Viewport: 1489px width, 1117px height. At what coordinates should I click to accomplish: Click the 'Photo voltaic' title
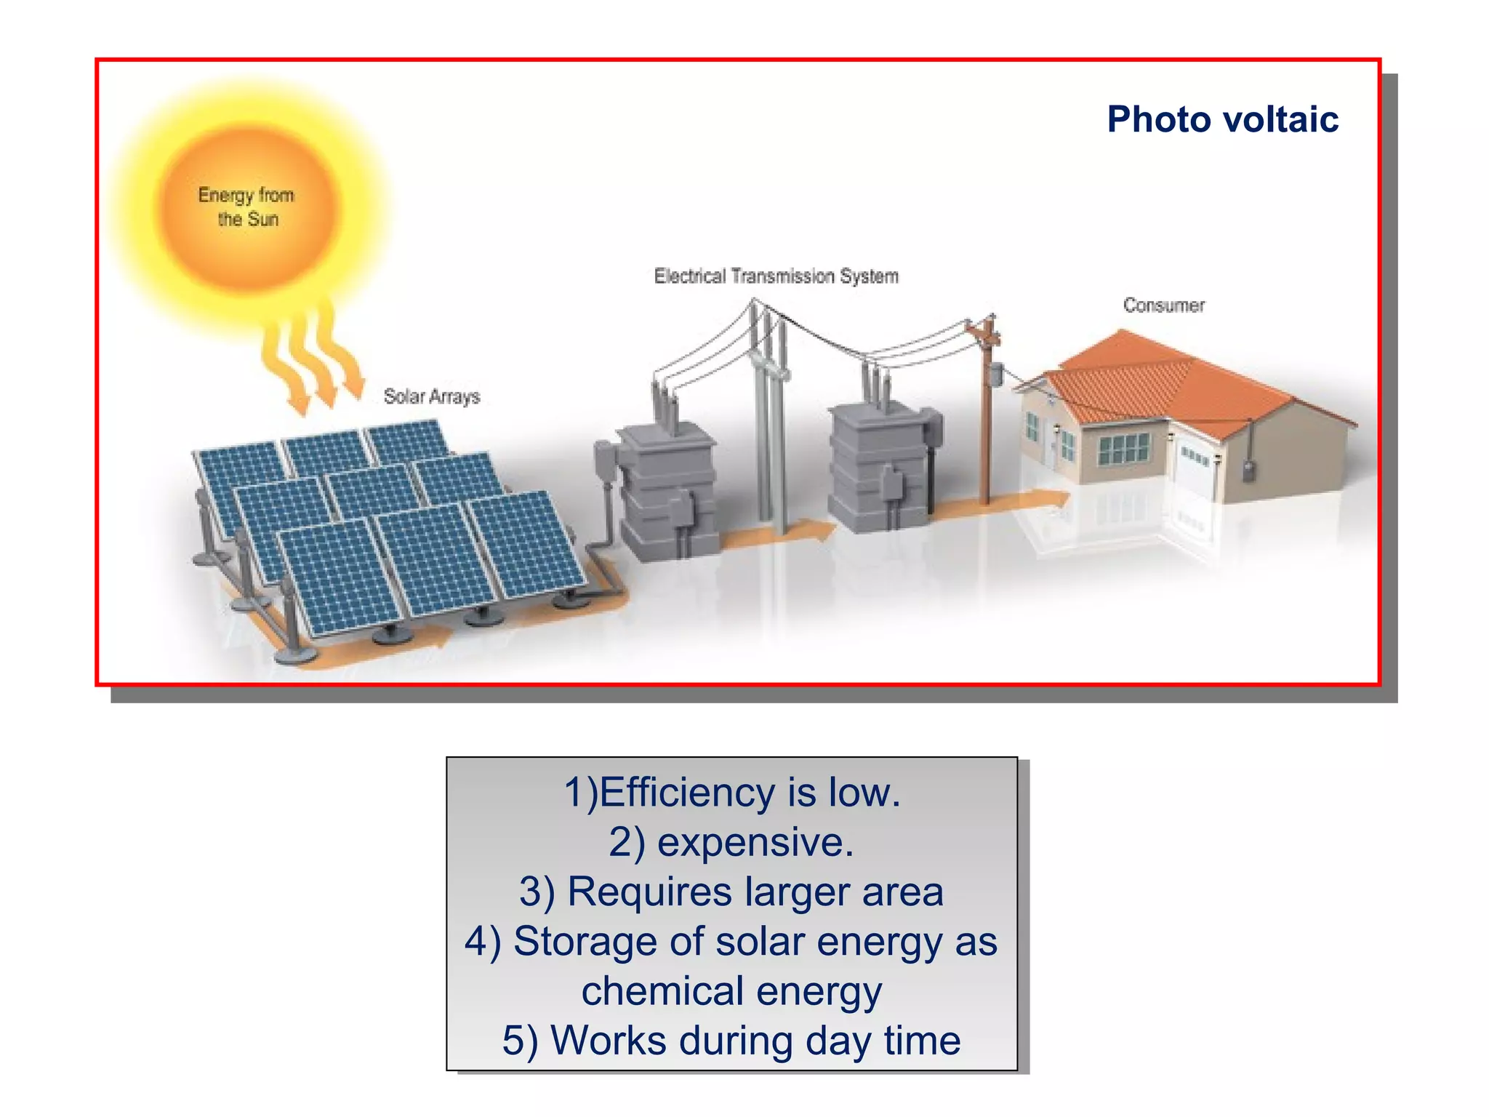tap(1222, 119)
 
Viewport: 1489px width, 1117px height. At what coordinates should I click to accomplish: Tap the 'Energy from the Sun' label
tap(246, 207)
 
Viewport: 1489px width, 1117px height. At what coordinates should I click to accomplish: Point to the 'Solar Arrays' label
tap(432, 396)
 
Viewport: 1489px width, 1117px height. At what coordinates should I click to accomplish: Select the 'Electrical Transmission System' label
tap(776, 276)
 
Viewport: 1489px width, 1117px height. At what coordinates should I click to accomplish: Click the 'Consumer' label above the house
tap(1163, 305)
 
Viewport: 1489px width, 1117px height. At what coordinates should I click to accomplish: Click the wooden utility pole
tap(987, 422)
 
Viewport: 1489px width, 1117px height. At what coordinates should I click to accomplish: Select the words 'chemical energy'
tap(731, 991)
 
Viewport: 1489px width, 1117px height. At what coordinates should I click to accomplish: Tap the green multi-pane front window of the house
tap(1123, 448)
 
